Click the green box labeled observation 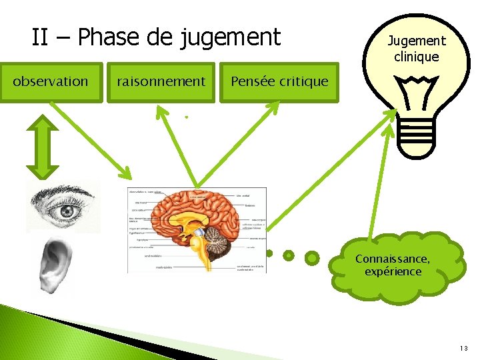(x=51, y=82)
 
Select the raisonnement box (x=161, y=82)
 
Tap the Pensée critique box (x=279, y=82)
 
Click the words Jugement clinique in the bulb (x=417, y=49)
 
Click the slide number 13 (x=464, y=348)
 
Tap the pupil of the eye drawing (x=67, y=211)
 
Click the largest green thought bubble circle (x=311, y=257)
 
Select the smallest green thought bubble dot (x=269, y=253)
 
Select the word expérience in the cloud (x=393, y=271)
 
